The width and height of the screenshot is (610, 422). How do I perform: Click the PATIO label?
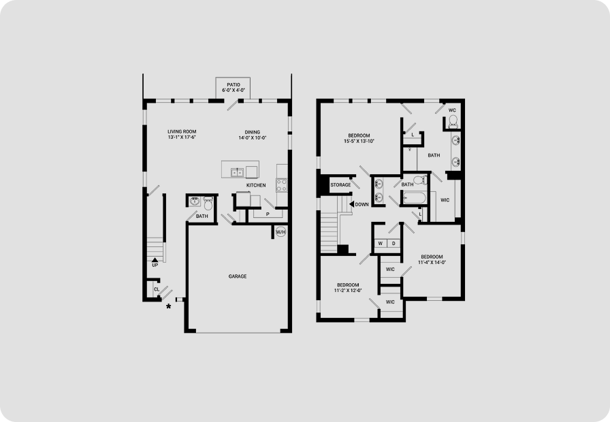pyautogui.click(x=234, y=85)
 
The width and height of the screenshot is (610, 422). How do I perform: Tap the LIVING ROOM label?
pyautogui.click(x=182, y=131)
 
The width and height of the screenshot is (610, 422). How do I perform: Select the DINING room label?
pyautogui.click(x=253, y=132)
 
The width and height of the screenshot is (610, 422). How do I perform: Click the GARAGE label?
pyautogui.click(x=238, y=276)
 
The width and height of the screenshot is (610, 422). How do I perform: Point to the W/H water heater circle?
pyautogui.click(x=281, y=232)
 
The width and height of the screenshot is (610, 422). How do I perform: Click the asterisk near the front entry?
pyautogui.click(x=168, y=306)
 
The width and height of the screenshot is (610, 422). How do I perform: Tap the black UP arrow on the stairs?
pyautogui.click(x=155, y=259)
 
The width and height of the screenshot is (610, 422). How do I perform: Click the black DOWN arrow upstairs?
pyautogui.click(x=352, y=204)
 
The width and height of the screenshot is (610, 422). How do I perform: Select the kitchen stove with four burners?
pyautogui.click(x=282, y=185)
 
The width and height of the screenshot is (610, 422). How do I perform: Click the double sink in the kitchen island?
pyautogui.click(x=238, y=172)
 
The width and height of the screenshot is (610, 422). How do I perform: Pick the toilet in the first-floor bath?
pyautogui.click(x=208, y=203)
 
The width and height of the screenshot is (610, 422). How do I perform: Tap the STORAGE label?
pyautogui.click(x=340, y=184)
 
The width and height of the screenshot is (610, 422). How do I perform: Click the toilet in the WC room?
pyautogui.click(x=453, y=122)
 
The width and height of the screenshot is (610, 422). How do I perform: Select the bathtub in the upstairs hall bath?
pyautogui.click(x=415, y=197)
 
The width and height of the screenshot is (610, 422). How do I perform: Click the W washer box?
pyautogui.click(x=381, y=244)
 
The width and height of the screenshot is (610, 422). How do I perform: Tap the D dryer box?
pyautogui.click(x=394, y=244)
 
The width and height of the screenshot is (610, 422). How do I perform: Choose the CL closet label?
pyautogui.click(x=157, y=289)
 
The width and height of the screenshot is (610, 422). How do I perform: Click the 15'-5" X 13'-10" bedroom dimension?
pyautogui.click(x=359, y=141)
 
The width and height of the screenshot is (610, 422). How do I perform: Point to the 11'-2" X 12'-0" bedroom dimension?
pyautogui.click(x=348, y=291)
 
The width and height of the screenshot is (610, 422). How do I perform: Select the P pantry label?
pyautogui.click(x=268, y=214)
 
